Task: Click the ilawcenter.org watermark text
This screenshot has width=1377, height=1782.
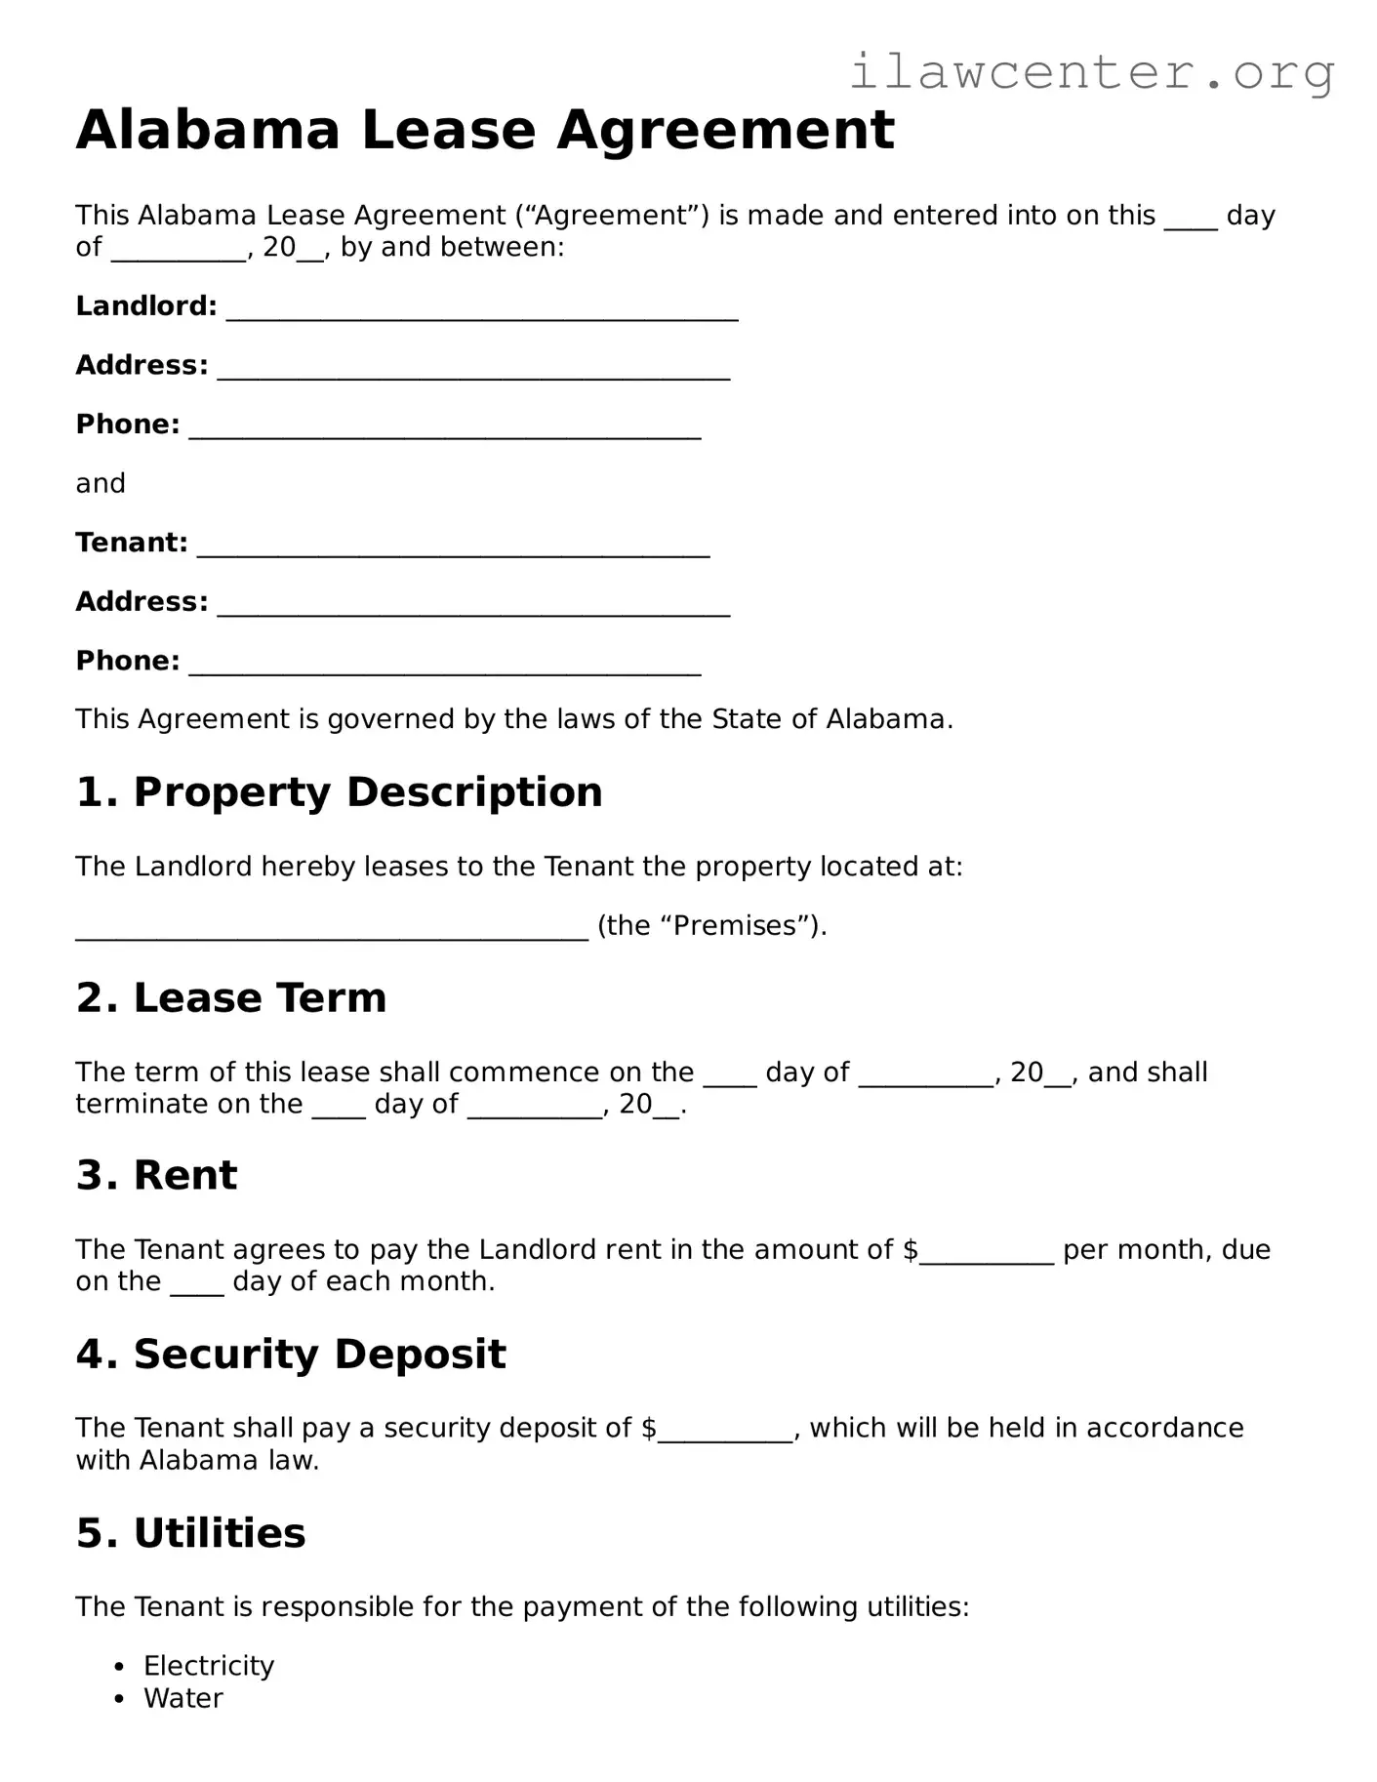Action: (1091, 72)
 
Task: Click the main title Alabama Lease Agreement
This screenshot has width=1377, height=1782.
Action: (485, 130)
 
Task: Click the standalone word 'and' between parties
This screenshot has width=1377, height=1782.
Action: (101, 484)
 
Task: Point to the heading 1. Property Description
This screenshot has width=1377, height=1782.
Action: (339, 791)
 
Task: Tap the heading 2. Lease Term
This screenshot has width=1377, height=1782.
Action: (231, 997)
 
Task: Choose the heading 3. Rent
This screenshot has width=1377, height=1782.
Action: (156, 1175)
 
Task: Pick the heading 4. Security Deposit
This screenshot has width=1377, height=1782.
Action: (291, 1355)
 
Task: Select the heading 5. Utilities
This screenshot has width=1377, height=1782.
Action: (190, 1533)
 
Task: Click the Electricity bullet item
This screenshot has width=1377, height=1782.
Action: (209, 1666)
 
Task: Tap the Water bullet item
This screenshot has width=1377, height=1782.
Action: (183, 1698)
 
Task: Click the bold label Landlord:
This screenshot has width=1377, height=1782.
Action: (146, 306)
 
